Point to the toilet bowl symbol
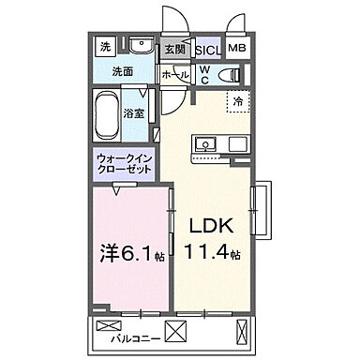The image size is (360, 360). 229,75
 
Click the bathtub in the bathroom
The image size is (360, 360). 111,114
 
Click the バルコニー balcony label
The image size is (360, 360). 127,335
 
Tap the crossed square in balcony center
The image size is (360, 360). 178,331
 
